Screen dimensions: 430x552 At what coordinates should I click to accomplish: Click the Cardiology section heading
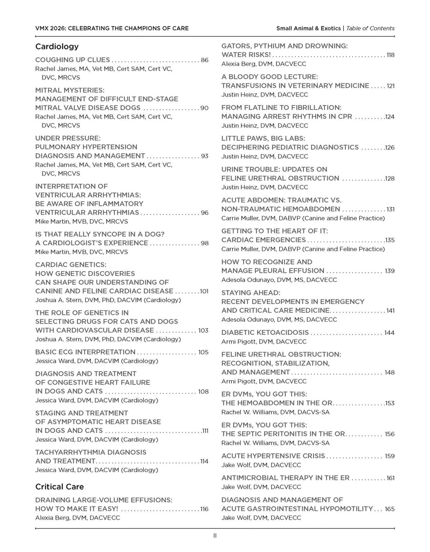57,46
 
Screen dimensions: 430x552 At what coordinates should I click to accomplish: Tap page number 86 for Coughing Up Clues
204,60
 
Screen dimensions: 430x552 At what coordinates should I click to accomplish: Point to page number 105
203,352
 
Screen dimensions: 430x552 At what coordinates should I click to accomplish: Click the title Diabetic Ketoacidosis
265,333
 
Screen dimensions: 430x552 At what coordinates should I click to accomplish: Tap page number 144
389,333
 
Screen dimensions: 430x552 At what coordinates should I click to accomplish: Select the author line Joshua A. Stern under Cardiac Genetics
108,300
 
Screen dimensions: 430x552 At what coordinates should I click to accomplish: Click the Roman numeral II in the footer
214,536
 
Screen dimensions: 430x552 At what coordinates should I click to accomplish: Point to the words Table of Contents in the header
370,28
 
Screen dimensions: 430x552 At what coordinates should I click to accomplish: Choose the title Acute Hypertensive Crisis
273,456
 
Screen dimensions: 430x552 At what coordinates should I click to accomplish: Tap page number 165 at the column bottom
390,509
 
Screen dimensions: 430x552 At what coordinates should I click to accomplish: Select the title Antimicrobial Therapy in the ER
286,478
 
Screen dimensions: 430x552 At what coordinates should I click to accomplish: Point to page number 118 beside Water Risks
390,55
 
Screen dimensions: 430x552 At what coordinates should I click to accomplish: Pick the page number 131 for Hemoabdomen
390,209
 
